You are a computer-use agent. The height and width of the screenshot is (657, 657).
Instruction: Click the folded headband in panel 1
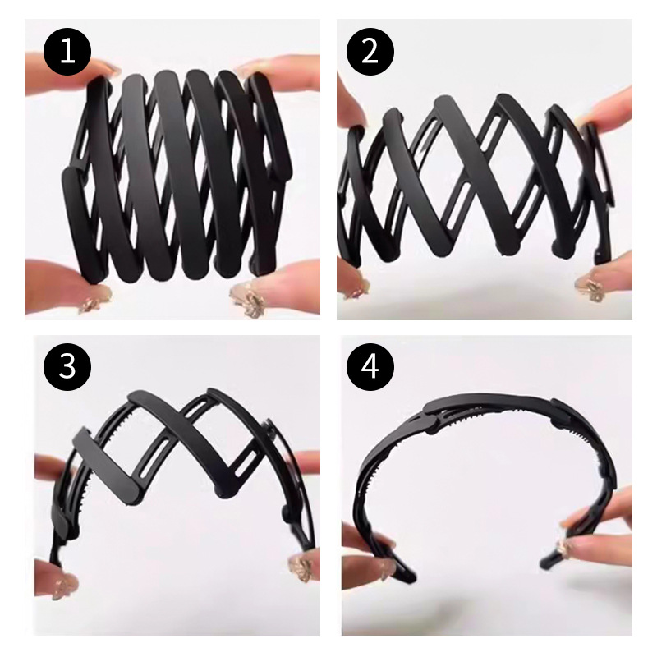(x=177, y=172)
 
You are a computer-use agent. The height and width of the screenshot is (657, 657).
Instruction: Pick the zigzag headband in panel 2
(x=476, y=177)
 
